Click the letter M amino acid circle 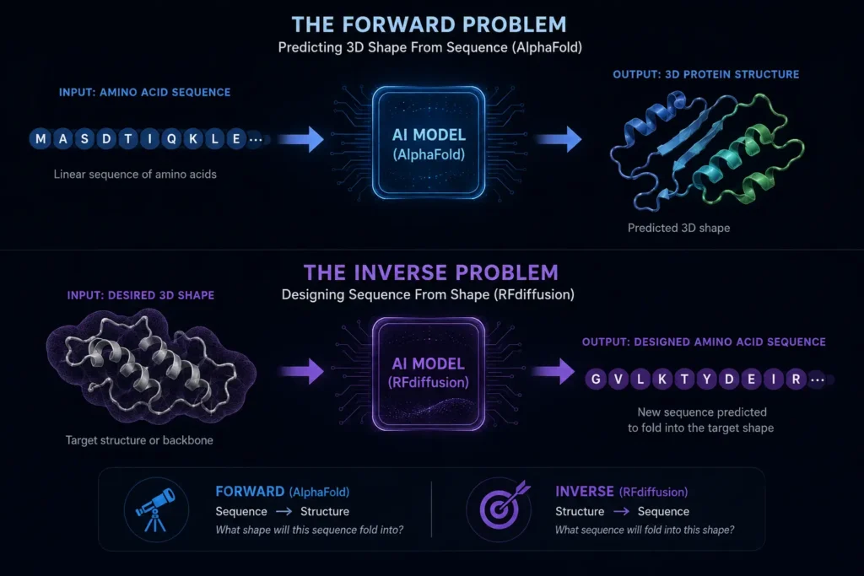[x=40, y=139]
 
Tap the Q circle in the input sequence [x=171, y=139]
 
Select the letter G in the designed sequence [x=596, y=379]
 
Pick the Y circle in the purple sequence [x=707, y=379]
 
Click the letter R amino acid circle [x=796, y=379]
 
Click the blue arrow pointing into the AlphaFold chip [x=301, y=139]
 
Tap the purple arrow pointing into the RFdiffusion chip [x=302, y=371]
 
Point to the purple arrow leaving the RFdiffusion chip [x=553, y=371]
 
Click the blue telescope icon [x=156, y=509]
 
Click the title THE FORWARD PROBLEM [x=429, y=24]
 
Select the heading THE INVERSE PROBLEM [x=431, y=272]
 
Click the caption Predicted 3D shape [x=679, y=228]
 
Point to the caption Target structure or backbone [x=139, y=440]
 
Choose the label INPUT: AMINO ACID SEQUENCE [x=145, y=93]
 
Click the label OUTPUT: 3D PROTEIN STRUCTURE [x=706, y=74]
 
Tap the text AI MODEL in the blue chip [x=429, y=135]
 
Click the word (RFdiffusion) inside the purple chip [x=429, y=383]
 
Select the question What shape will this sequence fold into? [x=309, y=530]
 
